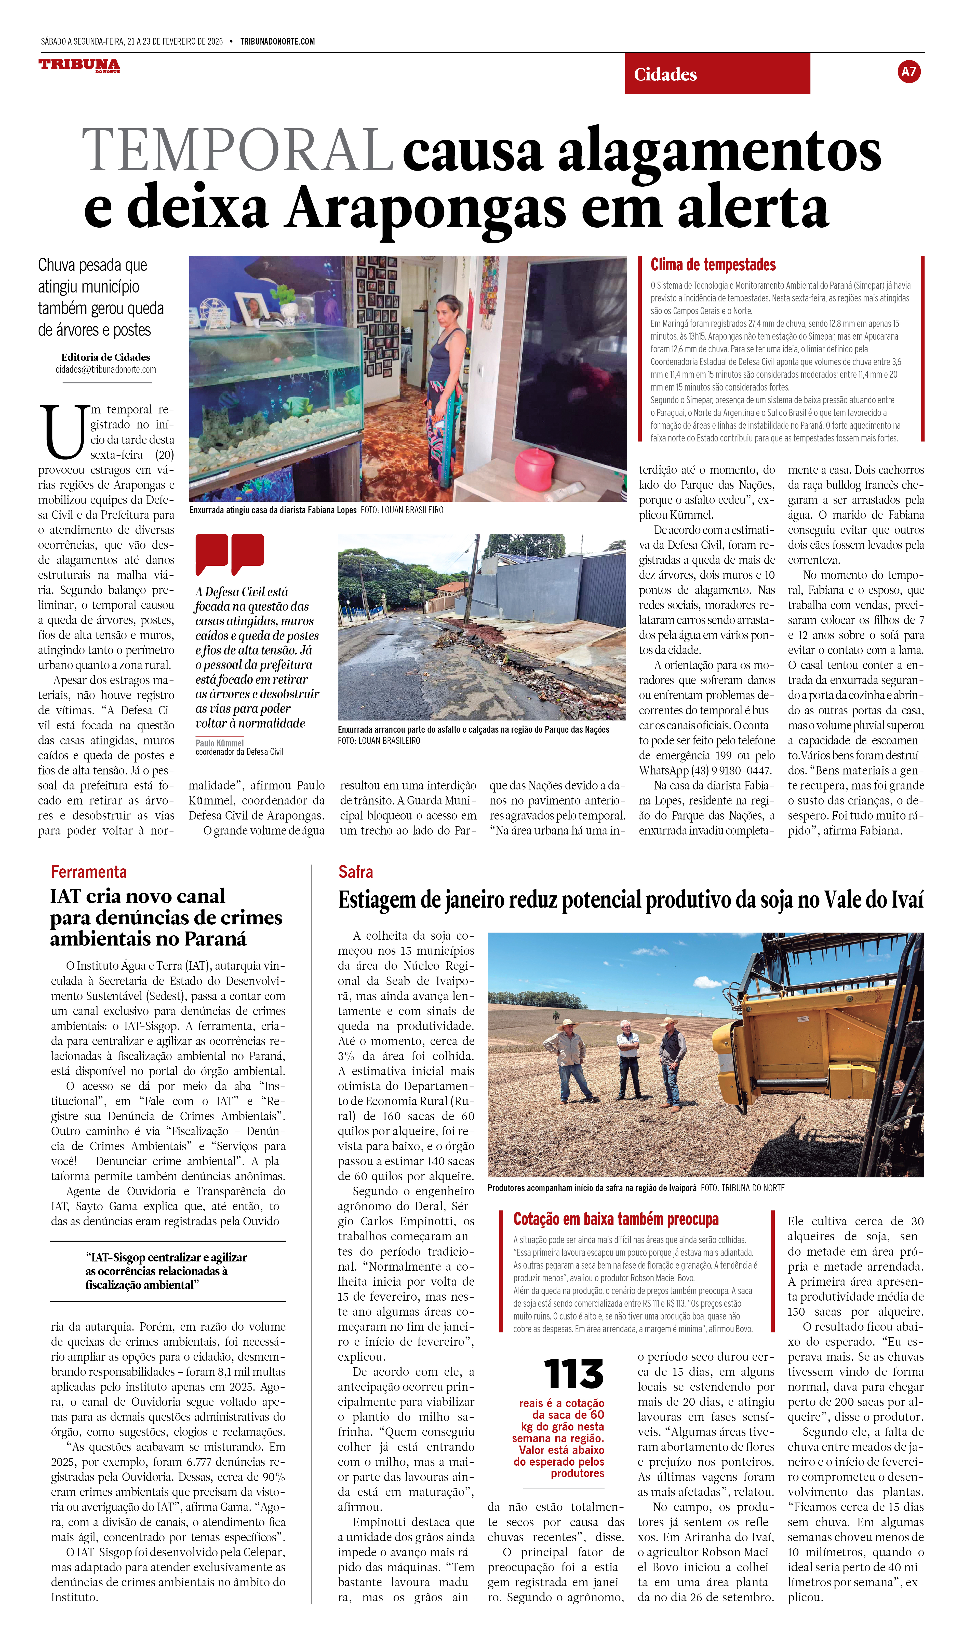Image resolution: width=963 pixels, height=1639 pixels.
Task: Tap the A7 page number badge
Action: coord(908,72)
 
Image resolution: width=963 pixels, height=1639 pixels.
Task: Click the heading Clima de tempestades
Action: coord(713,265)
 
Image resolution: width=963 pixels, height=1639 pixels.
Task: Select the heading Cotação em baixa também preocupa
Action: coord(616,1219)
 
